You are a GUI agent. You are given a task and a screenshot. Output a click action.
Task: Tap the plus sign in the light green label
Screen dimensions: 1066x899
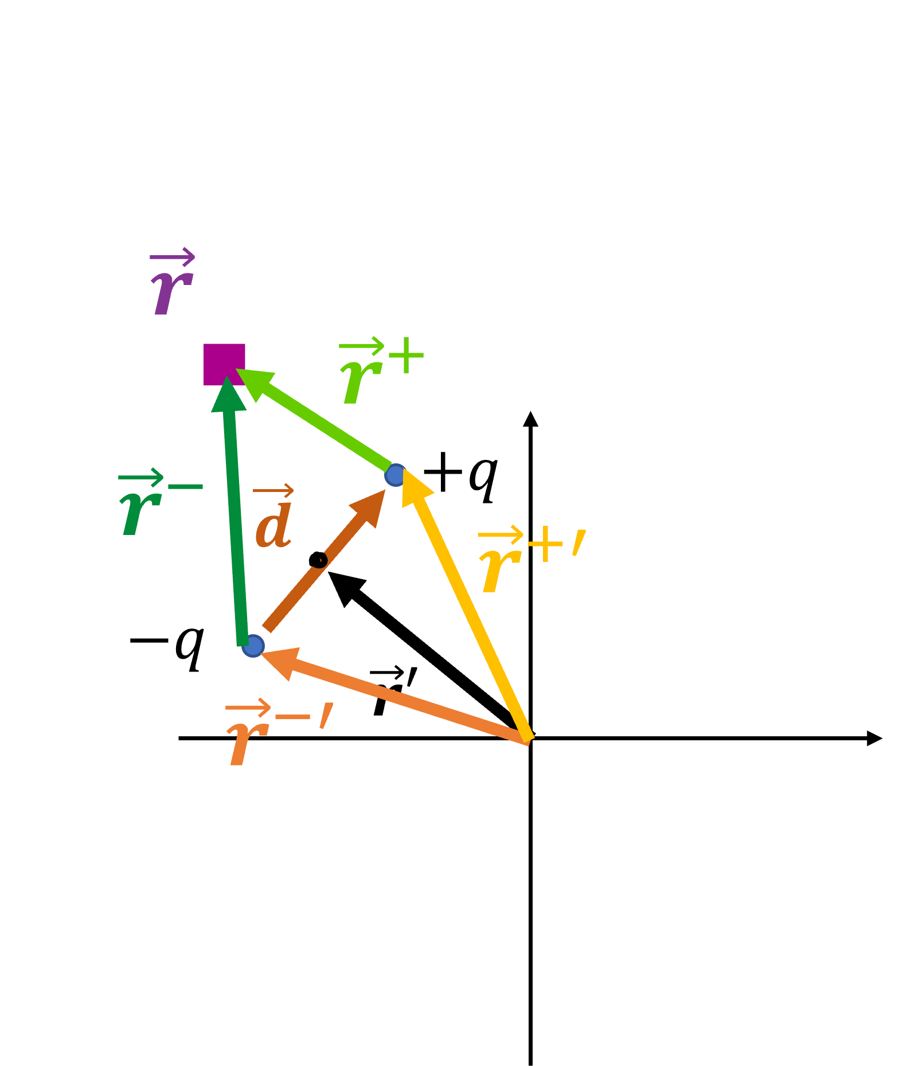pyautogui.click(x=406, y=356)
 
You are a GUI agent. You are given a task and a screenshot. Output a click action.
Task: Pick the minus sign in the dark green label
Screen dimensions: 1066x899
pyautogui.click(x=185, y=487)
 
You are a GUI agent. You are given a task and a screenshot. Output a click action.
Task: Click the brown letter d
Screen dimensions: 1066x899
pyautogui.click(x=274, y=526)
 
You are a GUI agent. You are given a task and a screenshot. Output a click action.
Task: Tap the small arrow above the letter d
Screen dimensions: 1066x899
pyautogui.click(x=273, y=491)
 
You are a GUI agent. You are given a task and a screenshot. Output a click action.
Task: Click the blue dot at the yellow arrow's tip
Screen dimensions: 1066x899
pyautogui.click(x=394, y=475)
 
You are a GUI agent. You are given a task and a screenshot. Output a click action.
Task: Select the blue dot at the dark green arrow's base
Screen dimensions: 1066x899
pyautogui.click(x=253, y=646)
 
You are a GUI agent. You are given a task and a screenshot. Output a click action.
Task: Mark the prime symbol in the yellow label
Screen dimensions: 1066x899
pyautogui.click(x=579, y=543)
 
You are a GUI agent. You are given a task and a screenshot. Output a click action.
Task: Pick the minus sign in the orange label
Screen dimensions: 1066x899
pyautogui.click(x=292, y=717)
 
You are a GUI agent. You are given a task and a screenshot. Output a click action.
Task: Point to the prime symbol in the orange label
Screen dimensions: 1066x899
pyautogui.click(x=326, y=716)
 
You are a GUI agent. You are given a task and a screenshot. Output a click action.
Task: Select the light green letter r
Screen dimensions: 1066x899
pyautogui.click(x=361, y=381)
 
